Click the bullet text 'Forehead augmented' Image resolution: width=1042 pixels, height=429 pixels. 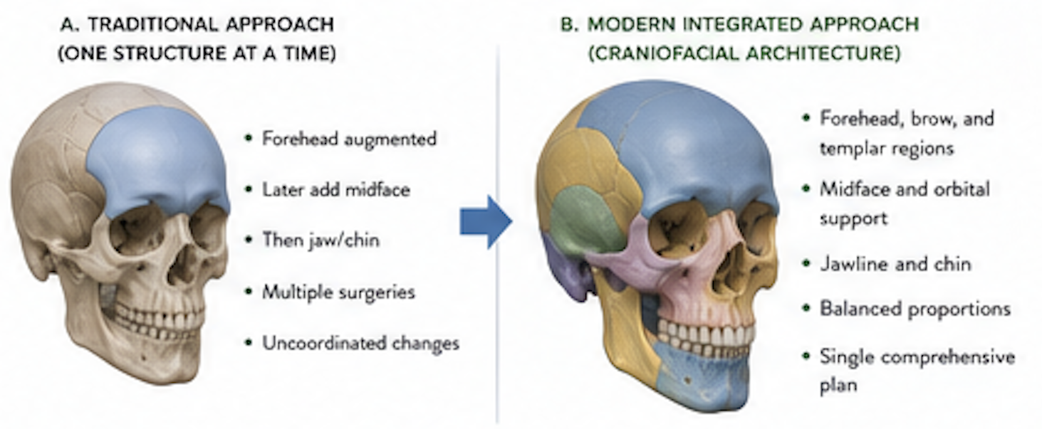pyautogui.click(x=349, y=139)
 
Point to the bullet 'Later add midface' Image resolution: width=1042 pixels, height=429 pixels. pyautogui.click(x=336, y=190)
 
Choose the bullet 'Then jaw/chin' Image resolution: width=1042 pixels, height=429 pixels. pyautogui.click(x=321, y=240)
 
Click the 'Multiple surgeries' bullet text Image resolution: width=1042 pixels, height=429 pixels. pyautogui.click(x=338, y=292)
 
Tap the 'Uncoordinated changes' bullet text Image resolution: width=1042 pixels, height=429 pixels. pyautogui.click(x=360, y=344)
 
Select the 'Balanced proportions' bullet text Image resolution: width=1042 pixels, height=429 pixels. pyautogui.click(x=915, y=309)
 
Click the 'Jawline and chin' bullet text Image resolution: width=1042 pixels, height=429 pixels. pyautogui.click(x=895, y=264)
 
